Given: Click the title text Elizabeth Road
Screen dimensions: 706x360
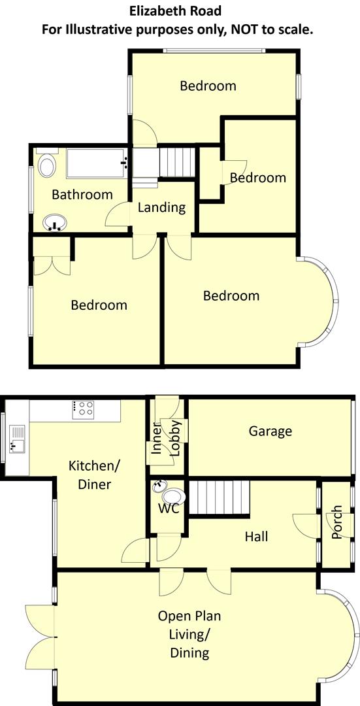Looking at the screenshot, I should pyautogui.click(x=174, y=10).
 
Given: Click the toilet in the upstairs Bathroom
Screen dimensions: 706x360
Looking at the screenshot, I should pyautogui.click(x=47, y=166).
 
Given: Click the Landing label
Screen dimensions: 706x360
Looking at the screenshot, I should pyautogui.click(x=161, y=208).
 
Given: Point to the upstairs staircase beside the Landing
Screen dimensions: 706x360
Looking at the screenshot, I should pyautogui.click(x=177, y=161).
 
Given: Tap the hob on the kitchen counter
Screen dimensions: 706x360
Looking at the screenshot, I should pyautogui.click(x=84, y=409).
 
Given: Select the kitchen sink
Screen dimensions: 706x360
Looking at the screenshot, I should pyautogui.click(x=16, y=439).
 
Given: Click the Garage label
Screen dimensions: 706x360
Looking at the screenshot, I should pyautogui.click(x=270, y=431).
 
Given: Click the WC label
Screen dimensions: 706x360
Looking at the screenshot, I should pyautogui.click(x=168, y=509).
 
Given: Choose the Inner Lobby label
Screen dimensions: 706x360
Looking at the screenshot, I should pyautogui.click(x=166, y=437).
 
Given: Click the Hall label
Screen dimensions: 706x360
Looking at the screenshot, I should pyautogui.click(x=256, y=537).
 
